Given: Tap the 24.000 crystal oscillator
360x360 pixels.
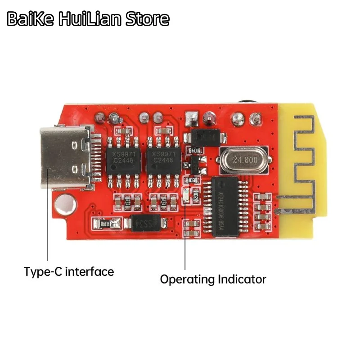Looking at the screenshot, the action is (x=240, y=159).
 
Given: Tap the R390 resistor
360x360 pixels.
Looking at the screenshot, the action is (x=106, y=223).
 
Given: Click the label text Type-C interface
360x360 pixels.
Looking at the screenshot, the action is (x=69, y=272).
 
